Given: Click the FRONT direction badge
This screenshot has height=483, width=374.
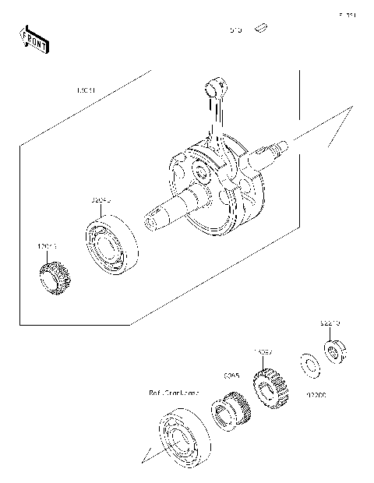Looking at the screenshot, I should pos(32,40).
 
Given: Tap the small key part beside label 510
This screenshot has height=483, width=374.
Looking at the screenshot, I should pos(263,30).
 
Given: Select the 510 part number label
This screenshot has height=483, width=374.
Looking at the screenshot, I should pos(235,30).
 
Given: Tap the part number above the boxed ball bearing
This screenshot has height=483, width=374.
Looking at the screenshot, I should pos(101,200).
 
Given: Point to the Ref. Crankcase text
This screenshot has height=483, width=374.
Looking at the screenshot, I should pos(174,393).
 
